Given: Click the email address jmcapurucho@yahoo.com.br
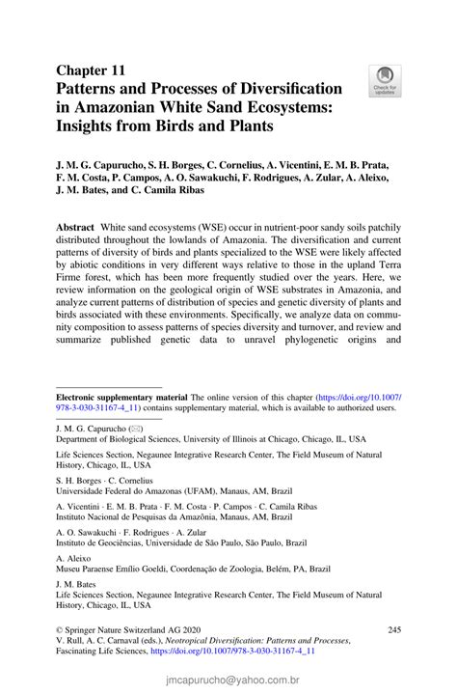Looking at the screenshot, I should point(228,680).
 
